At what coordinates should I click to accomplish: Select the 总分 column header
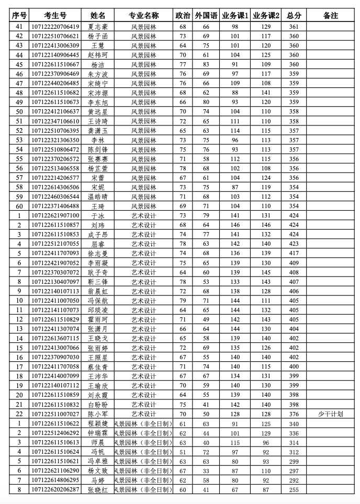tap(294, 16)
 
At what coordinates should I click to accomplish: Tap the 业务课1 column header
tap(235, 16)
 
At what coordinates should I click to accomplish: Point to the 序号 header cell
tap(19, 16)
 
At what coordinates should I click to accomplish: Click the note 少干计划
tap(331, 414)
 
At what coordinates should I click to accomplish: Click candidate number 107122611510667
tap(55, 64)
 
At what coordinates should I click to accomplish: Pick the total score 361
tap(294, 26)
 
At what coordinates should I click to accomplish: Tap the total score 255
tap(294, 489)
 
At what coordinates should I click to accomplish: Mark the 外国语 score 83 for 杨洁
tap(206, 64)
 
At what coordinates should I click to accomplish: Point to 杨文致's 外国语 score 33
tap(206, 471)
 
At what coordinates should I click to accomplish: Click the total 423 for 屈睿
tap(294, 244)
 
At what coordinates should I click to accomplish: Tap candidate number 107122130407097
tap(55, 282)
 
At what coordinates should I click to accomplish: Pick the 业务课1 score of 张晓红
tap(235, 489)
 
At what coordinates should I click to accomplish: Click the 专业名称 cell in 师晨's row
tap(143, 442)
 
